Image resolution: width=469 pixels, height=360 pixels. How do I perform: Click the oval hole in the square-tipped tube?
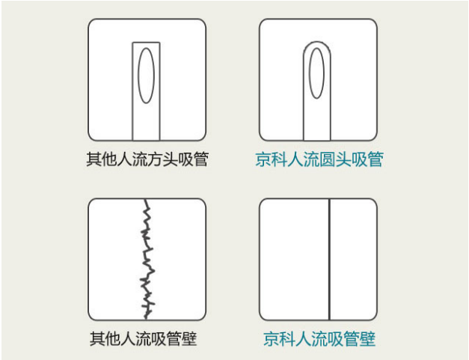click(x=138, y=76)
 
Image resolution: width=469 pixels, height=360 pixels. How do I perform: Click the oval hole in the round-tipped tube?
click(x=309, y=73)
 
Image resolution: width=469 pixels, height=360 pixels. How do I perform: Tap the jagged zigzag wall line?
click(x=147, y=259)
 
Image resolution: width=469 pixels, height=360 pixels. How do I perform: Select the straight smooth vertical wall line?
click(x=329, y=259)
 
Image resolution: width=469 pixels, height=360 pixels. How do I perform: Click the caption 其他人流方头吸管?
click(x=147, y=159)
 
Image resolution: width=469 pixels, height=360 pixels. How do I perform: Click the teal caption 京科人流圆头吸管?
click(x=319, y=159)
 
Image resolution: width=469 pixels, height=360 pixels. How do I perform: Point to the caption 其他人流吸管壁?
click(x=144, y=339)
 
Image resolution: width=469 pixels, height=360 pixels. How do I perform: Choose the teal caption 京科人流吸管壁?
click(x=319, y=339)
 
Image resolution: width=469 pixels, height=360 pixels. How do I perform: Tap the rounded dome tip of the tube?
click(x=317, y=42)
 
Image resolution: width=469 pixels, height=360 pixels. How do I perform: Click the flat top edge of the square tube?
click(x=147, y=43)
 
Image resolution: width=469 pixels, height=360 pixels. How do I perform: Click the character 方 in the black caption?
click(x=156, y=159)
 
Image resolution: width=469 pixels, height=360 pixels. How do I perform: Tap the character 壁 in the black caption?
click(x=189, y=339)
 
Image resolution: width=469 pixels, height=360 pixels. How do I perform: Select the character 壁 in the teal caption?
click(x=367, y=339)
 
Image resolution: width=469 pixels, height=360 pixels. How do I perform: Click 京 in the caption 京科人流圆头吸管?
click(x=263, y=159)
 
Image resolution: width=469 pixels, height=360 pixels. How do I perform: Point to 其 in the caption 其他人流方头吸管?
click(x=94, y=159)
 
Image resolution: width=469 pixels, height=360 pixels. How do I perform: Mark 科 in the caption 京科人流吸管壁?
click(x=287, y=339)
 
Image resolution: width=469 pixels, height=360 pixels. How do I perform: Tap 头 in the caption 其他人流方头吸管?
click(x=171, y=159)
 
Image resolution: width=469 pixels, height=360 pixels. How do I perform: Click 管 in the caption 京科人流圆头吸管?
click(x=375, y=159)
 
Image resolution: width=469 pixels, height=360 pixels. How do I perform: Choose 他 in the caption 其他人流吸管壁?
click(x=113, y=339)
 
